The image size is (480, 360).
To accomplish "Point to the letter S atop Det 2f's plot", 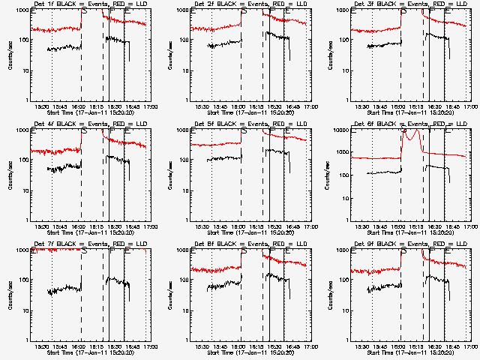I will [x=244, y=12].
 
